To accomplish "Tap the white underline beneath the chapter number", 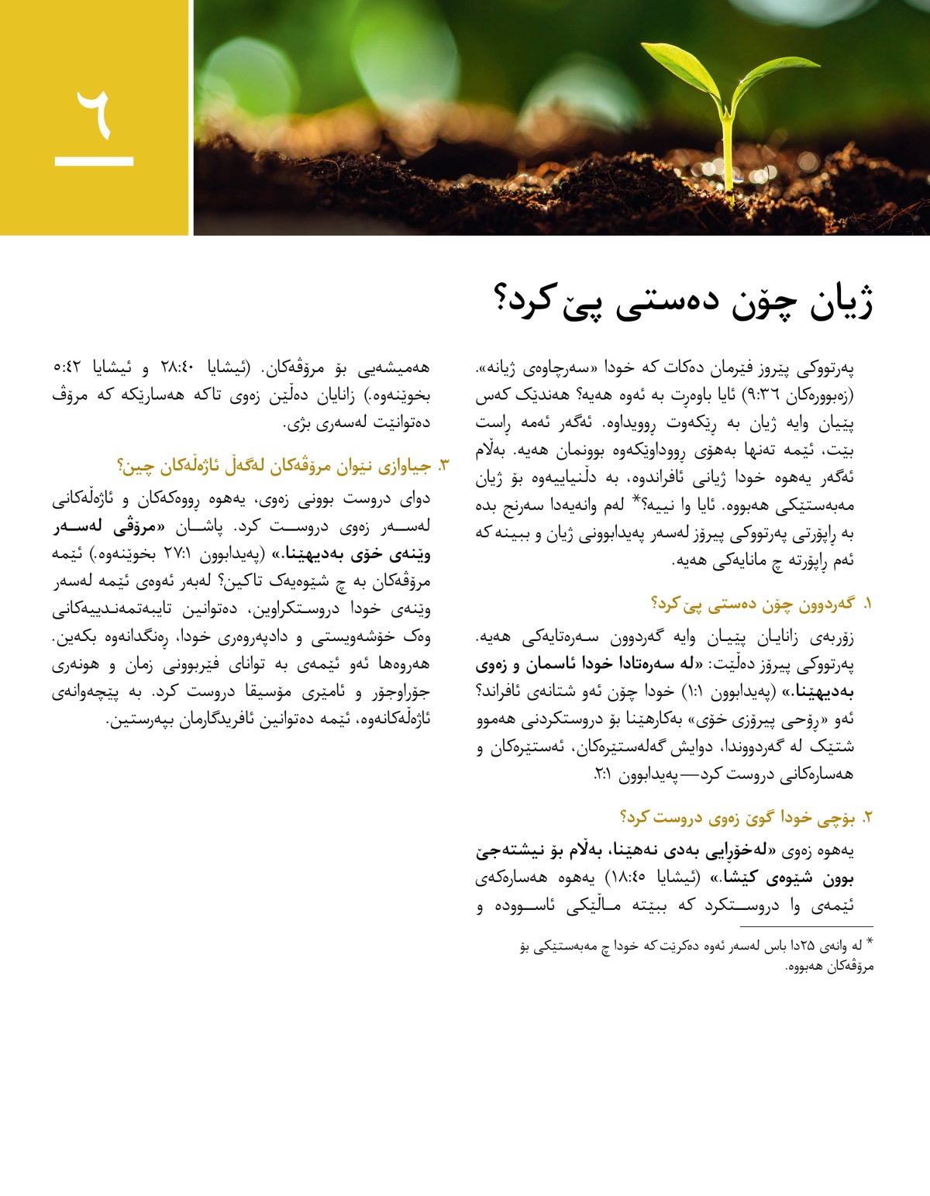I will pyautogui.click(x=94, y=161).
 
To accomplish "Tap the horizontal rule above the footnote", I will pyautogui.click(x=806, y=926).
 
